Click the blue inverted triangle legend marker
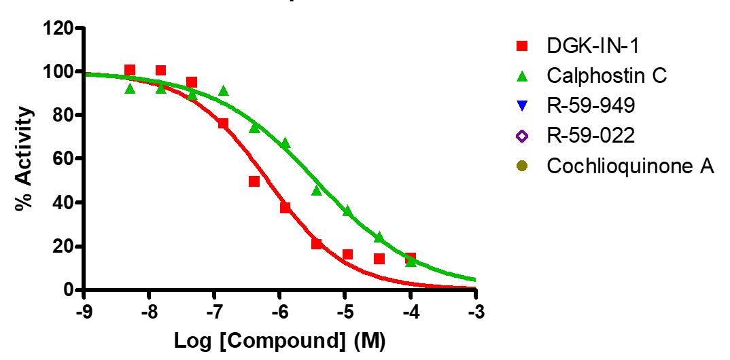coord(521,106)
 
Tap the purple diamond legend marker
coord(521,136)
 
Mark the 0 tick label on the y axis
coord(68,290)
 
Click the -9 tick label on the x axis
coord(83,313)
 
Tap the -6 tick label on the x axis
coord(279,313)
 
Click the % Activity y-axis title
coord(25,158)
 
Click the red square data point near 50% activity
coord(254,181)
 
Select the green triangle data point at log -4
coord(411,262)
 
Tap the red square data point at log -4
coord(411,258)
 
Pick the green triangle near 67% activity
coord(285,143)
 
